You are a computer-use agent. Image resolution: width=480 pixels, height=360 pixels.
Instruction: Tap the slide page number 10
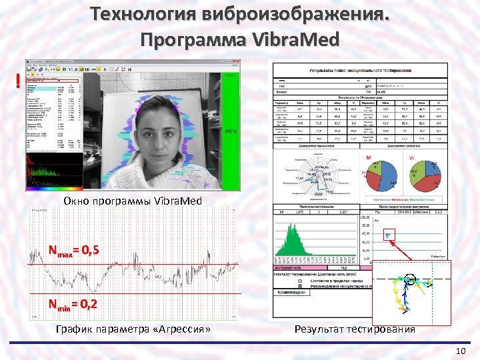(459, 351)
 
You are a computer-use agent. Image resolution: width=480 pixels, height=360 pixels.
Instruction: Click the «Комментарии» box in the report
(291, 291)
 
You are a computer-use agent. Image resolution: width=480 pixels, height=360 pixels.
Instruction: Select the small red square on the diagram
(389, 234)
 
